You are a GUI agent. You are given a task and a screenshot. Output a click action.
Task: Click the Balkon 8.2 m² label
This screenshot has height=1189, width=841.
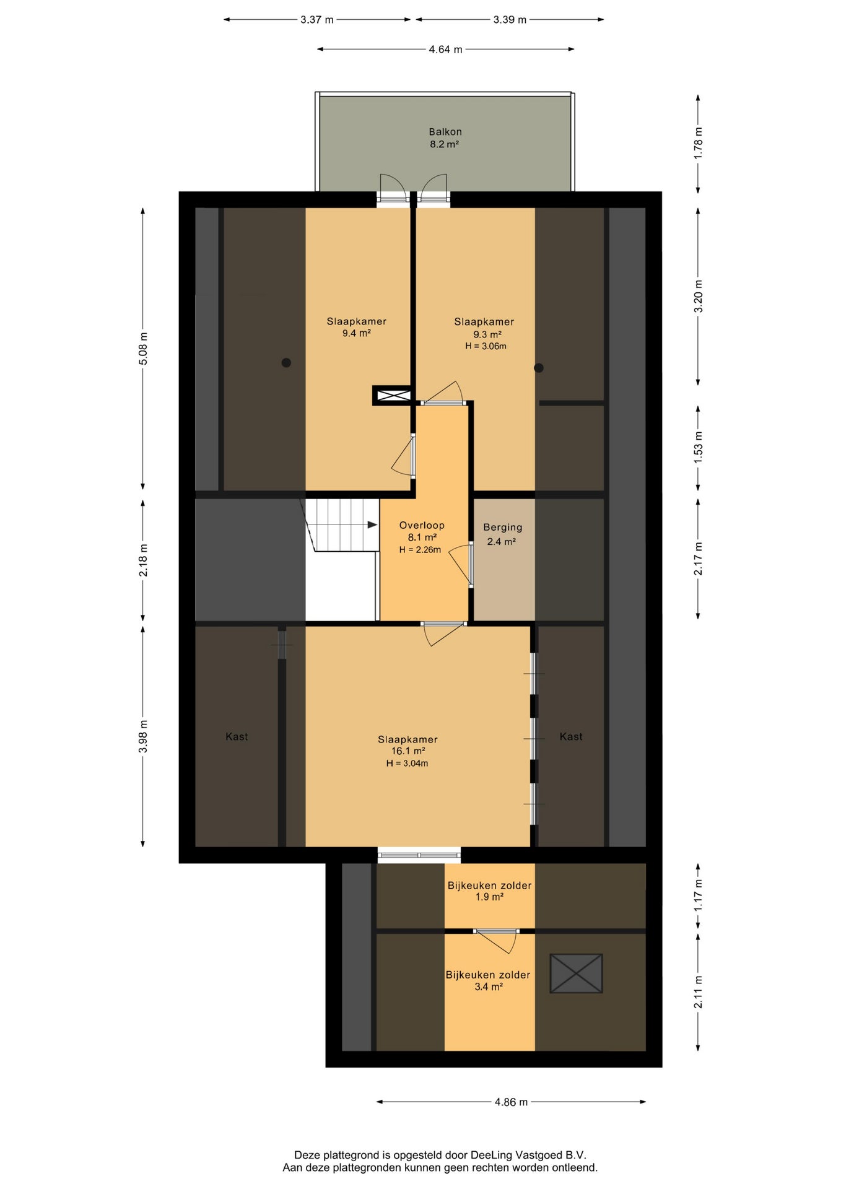point(445,138)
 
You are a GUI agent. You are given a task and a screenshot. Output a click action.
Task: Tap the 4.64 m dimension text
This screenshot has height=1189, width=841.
point(445,50)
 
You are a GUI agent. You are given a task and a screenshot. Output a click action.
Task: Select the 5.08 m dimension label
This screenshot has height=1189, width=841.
point(143,349)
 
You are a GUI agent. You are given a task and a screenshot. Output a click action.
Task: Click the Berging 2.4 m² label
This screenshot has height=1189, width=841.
point(502,534)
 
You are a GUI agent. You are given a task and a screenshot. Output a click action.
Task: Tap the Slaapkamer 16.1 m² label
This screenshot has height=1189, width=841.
point(407,745)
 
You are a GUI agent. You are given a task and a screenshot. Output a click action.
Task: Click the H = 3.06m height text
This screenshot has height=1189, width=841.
point(486,346)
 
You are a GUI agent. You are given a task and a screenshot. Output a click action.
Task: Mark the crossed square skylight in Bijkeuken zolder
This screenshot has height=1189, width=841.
point(576,973)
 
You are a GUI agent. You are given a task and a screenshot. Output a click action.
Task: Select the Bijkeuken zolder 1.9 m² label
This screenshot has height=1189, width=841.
point(489,891)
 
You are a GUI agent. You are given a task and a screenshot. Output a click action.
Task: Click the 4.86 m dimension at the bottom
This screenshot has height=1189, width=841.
point(511,1102)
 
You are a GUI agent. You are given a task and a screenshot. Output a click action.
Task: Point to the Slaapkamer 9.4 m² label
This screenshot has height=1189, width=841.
point(357,327)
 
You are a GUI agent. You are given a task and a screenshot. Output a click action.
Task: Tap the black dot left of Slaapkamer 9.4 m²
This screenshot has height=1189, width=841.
point(286,363)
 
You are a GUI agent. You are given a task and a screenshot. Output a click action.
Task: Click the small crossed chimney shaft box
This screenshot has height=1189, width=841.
point(393,395)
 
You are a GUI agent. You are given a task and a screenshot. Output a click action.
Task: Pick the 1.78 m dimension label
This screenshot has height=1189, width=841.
point(698,143)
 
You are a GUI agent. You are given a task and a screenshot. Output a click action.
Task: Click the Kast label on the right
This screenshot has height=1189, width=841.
point(571,736)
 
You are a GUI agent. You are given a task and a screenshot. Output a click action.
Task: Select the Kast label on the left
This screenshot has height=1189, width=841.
point(237,736)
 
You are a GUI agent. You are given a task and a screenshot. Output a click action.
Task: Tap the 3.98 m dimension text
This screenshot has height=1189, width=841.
point(143,736)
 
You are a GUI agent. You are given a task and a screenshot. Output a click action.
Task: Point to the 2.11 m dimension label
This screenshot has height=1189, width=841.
point(698,991)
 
